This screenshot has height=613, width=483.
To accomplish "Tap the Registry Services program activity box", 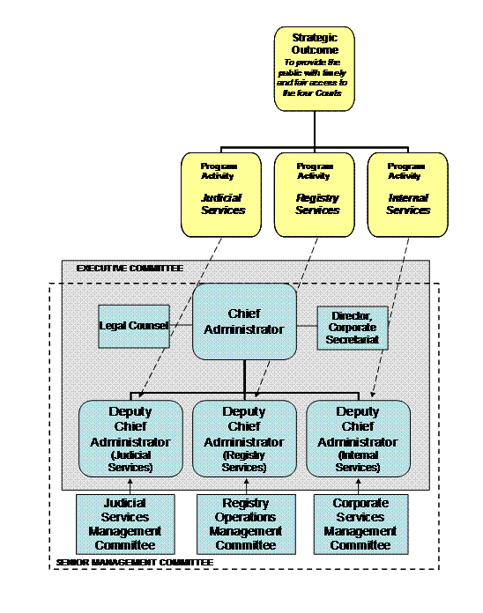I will coord(315,194).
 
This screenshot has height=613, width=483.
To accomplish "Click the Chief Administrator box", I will coord(244,321).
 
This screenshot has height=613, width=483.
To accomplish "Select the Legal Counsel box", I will coord(134,327).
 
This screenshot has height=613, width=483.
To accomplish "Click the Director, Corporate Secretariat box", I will coord(352,327).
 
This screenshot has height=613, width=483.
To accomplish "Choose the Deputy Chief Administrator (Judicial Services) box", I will coord(130,439).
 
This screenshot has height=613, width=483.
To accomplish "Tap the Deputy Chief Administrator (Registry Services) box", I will coord(244,439).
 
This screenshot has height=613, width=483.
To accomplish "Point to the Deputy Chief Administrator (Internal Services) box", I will coord(358,439).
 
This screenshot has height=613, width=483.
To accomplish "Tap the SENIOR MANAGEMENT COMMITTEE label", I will coord(133,561).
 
